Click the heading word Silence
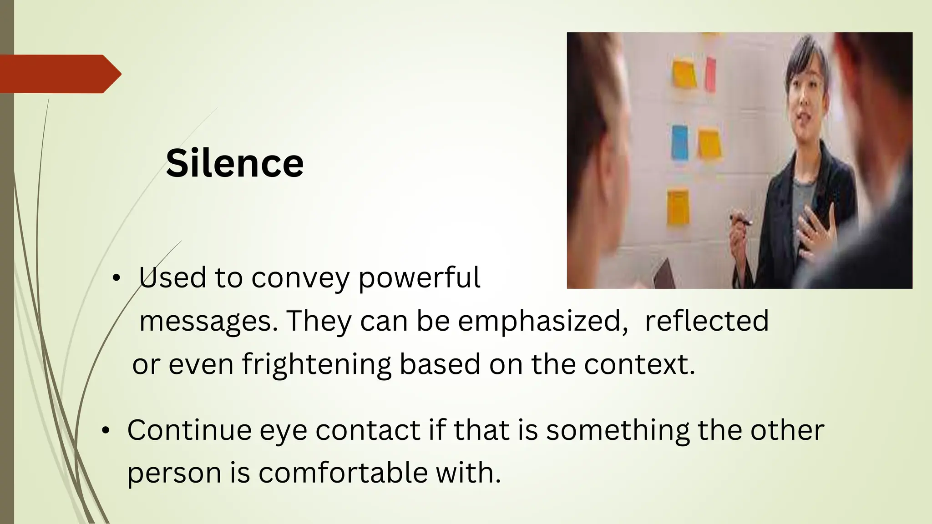click(234, 163)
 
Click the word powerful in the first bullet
click(419, 277)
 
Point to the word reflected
click(707, 321)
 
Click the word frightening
click(316, 364)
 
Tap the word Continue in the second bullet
click(189, 430)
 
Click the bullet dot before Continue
click(106, 430)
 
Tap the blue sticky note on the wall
click(680, 142)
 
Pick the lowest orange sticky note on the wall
click(678, 208)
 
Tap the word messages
click(208, 321)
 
